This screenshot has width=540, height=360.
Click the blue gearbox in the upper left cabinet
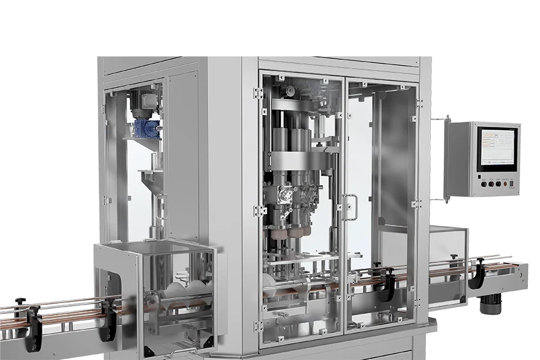tap(147, 127)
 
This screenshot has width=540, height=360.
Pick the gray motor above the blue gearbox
tap(143, 103)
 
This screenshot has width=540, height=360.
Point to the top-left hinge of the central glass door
tap(259, 93)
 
